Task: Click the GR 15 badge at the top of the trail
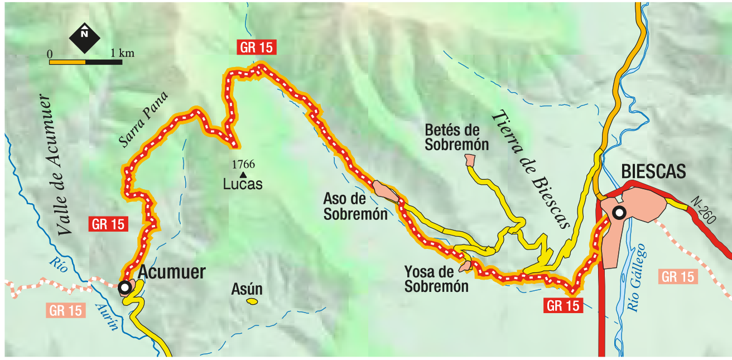click(x=257, y=47)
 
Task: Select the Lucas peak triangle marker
click(x=243, y=175)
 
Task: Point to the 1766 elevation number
click(x=243, y=165)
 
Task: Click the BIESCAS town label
click(x=653, y=172)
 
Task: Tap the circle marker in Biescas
click(x=619, y=212)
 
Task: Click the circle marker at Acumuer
click(x=126, y=287)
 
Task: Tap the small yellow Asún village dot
click(x=252, y=301)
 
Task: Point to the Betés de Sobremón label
click(x=456, y=137)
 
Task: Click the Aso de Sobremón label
click(x=355, y=206)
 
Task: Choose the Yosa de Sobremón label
click(x=436, y=280)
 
